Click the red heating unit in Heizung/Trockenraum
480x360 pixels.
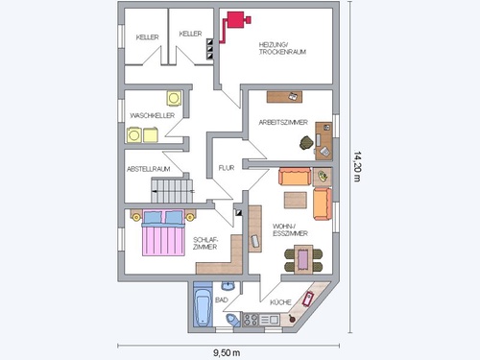236,20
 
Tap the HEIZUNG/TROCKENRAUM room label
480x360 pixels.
282,48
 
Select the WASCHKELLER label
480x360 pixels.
153,115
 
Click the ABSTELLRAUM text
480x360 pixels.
149,169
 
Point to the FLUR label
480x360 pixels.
227,168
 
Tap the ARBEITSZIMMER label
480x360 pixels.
283,122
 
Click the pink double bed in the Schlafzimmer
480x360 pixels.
163,232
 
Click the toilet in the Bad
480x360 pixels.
232,320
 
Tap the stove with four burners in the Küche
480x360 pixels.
251,320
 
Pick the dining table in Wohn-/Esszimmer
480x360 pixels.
303,259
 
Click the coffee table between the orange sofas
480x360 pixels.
296,200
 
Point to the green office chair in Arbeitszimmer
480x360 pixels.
306,143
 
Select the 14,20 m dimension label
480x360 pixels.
357,166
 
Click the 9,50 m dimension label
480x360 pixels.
227,352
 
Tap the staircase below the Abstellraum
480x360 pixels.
172,191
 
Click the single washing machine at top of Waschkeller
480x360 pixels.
174,98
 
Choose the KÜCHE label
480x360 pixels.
280,302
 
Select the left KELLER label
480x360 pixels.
147,37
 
